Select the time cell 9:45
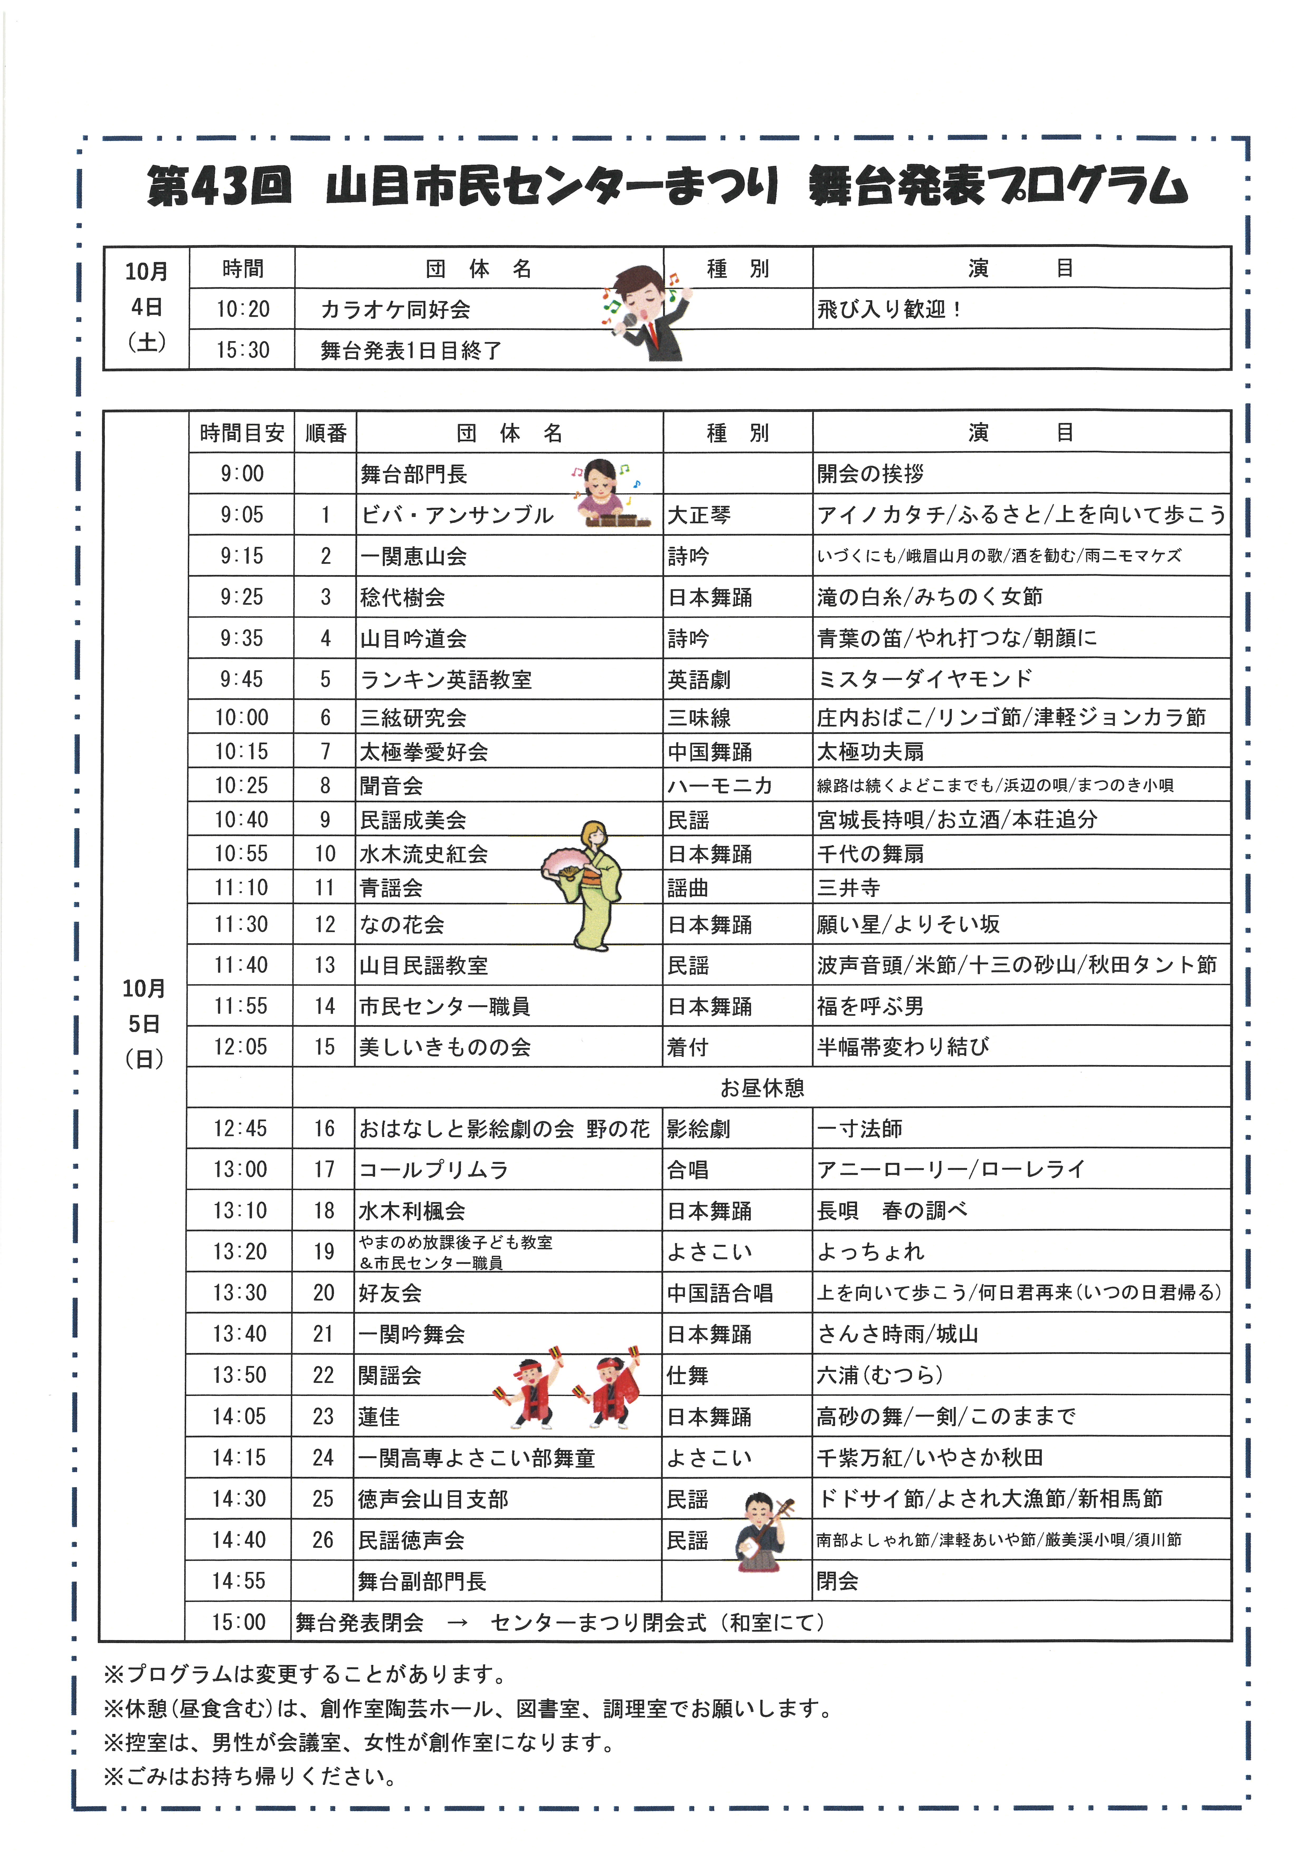(x=242, y=679)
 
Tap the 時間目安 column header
(x=242, y=433)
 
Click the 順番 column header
(x=326, y=433)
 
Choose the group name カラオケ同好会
(x=395, y=309)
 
